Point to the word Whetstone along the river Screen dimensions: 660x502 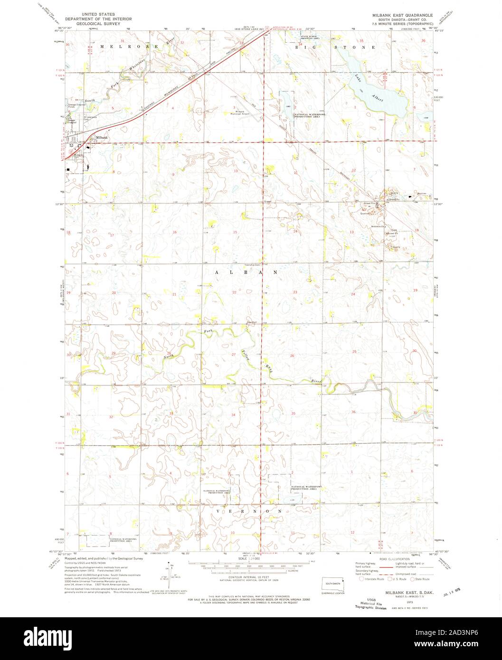pos(137,66)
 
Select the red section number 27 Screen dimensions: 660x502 pos(234,355)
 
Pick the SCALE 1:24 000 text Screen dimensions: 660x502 pos(249,558)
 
